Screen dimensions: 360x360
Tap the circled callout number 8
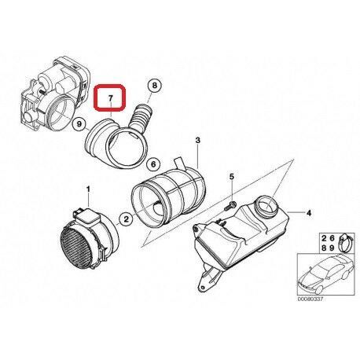pyautogui.click(x=153, y=85)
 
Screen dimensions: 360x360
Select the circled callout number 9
pyautogui.click(x=78, y=125)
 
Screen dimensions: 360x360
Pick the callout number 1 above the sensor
pyautogui.click(x=89, y=189)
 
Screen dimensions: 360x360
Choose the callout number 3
pyautogui.click(x=199, y=140)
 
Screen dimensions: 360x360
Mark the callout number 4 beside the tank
pyautogui.click(x=309, y=212)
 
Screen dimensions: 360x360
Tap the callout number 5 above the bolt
pyautogui.click(x=233, y=178)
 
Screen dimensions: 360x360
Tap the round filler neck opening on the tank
pyautogui.click(x=269, y=207)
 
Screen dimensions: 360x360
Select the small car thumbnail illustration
pyautogui.click(x=318, y=281)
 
